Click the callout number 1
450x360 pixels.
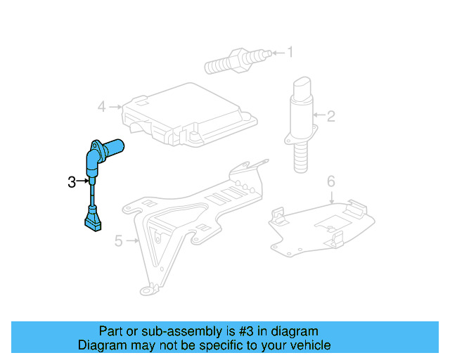[x=289, y=51]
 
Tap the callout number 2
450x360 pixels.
[x=331, y=115]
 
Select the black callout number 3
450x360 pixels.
[x=71, y=182]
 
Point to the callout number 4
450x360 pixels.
[x=102, y=107]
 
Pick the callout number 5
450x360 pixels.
[x=119, y=242]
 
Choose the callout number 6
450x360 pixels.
[x=331, y=182]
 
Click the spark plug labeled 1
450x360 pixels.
[x=236, y=60]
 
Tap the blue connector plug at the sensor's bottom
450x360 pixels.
[x=92, y=221]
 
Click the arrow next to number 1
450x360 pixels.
[x=276, y=51]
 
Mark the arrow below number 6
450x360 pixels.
[x=332, y=197]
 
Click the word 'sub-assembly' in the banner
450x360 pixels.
[x=175, y=331]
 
